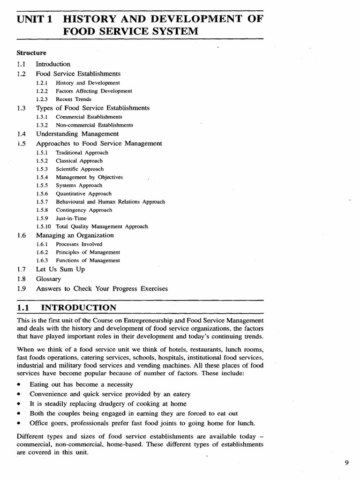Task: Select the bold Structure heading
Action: pyautogui.click(x=31, y=53)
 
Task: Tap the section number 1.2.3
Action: pyautogui.click(x=42, y=99)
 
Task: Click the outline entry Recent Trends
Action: pyautogui.click(x=74, y=99)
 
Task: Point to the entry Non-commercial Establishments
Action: pyautogui.click(x=94, y=125)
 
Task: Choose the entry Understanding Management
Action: pyautogui.click(x=77, y=134)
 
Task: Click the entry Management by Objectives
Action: pyautogui.click(x=89, y=177)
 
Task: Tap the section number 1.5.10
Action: pyautogui.click(x=44, y=226)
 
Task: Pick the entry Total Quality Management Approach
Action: pyautogui.click(x=102, y=226)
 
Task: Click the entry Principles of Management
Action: pyautogui.click(x=88, y=252)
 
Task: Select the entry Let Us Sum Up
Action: pyautogui.click(x=60, y=270)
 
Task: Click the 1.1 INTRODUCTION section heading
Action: pyautogui.click(x=66, y=307)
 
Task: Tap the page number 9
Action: pyautogui.click(x=346, y=463)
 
